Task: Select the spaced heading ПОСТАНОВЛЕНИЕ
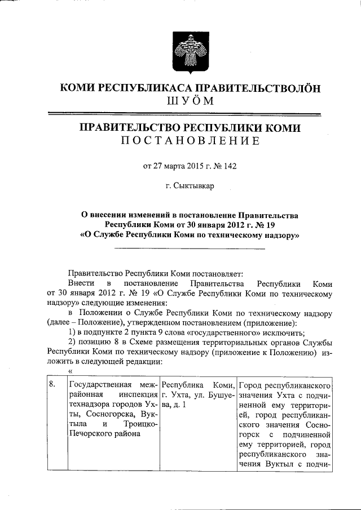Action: pos(191,141)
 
